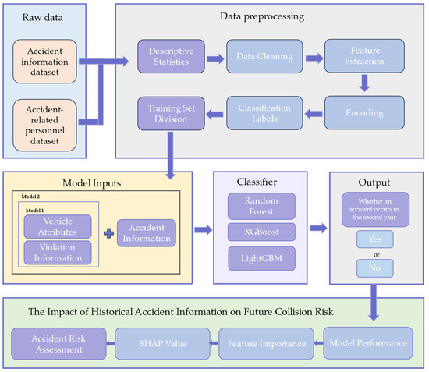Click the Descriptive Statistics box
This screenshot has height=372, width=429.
point(168,57)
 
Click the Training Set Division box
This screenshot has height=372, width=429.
point(168,112)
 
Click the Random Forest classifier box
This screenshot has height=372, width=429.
point(261,207)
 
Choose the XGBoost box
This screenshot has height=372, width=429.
point(261,232)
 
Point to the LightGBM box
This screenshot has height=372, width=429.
point(261,257)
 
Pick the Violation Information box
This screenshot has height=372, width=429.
point(58,253)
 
